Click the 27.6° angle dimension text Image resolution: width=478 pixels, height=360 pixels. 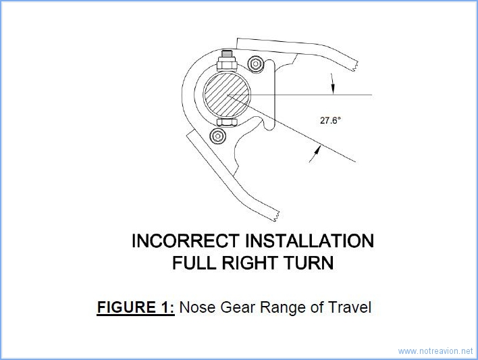click(x=331, y=120)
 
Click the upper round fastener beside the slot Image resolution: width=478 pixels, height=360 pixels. click(x=255, y=65)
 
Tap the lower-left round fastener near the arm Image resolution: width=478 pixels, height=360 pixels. click(x=217, y=136)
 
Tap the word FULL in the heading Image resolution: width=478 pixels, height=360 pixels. click(x=194, y=263)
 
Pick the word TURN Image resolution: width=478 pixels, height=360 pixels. click(x=311, y=263)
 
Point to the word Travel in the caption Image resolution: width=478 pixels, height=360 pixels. click(x=349, y=307)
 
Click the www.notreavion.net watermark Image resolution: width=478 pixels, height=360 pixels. click(x=435, y=351)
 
